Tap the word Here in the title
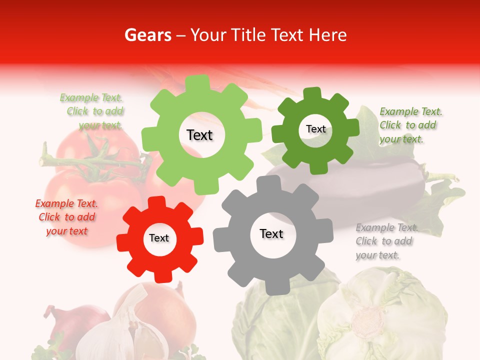click(x=327, y=35)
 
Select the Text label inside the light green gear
click(x=199, y=135)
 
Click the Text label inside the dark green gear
click(x=315, y=129)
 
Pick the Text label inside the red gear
click(x=159, y=238)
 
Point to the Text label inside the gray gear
click(x=271, y=233)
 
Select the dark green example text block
click(x=410, y=125)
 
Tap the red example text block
click(x=66, y=217)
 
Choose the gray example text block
click(x=386, y=241)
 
